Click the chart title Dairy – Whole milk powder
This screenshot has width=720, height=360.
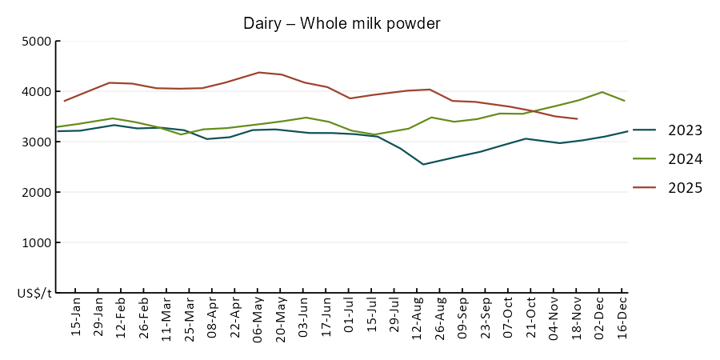tap(342, 24)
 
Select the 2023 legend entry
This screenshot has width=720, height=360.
tap(685, 130)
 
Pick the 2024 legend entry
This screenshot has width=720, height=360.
tap(685, 159)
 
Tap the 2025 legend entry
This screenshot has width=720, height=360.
tap(685, 188)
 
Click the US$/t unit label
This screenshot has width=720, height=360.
tap(34, 294)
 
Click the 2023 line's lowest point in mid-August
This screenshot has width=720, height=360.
tap(423, 164)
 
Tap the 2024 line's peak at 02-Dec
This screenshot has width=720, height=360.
tap(602, 92)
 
